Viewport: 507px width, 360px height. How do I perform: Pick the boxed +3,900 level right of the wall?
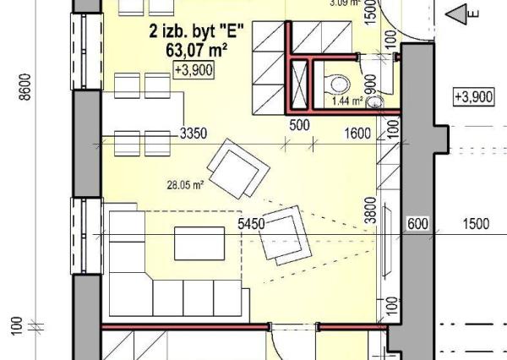472,97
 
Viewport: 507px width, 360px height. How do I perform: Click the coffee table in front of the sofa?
199,243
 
